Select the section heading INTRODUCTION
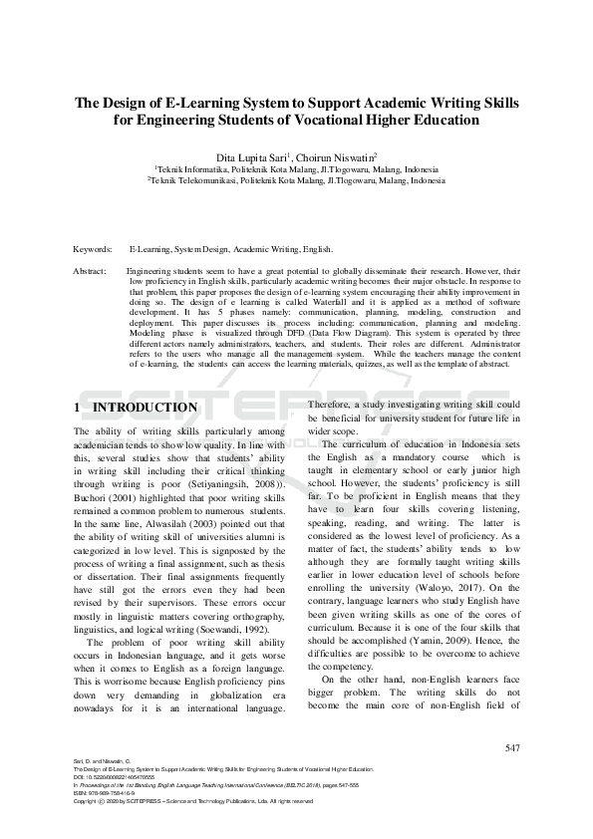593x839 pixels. (x=146, y=408)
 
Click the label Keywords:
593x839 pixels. (x=93, y=249)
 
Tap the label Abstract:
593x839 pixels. (x=92, y=271)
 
